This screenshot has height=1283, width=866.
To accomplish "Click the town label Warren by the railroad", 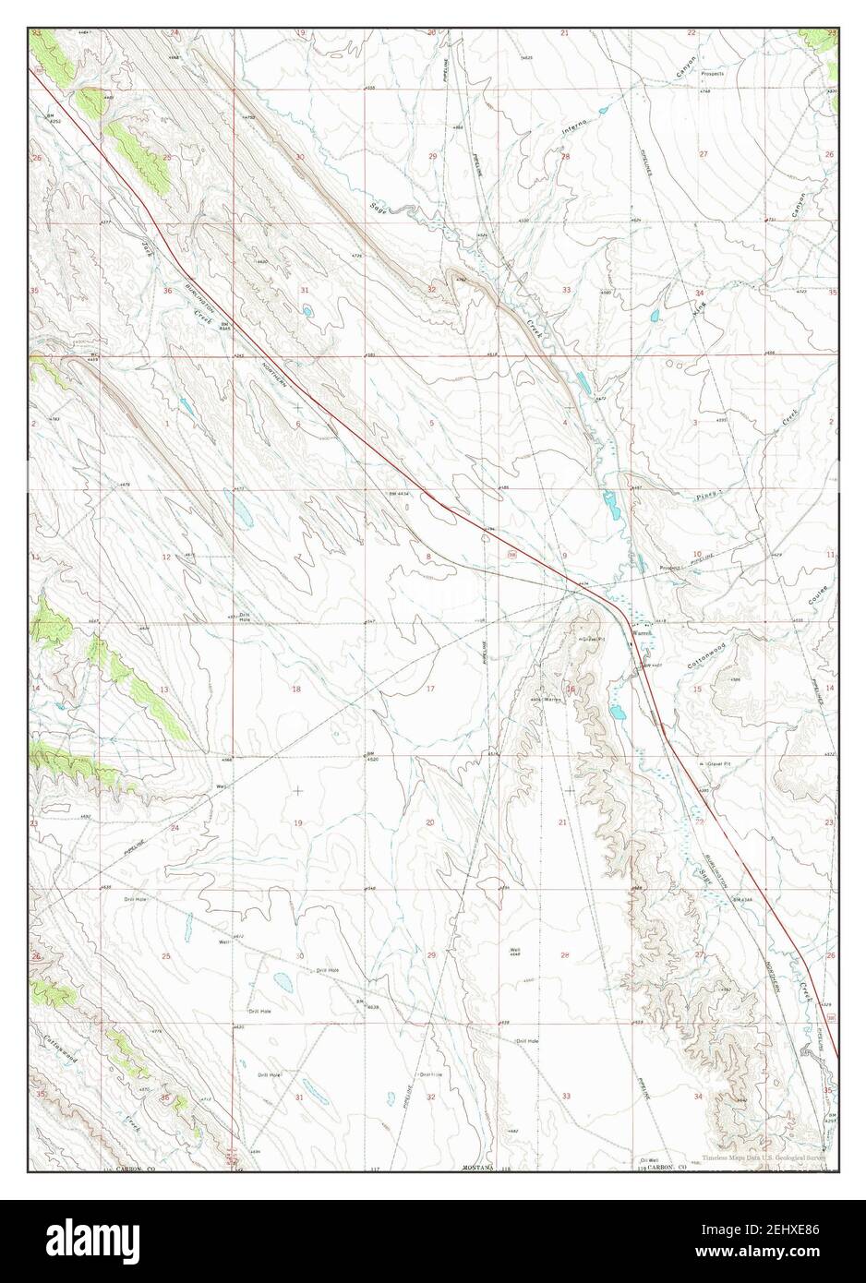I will [643, 633].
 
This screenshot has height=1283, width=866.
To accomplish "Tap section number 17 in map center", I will [430, 689].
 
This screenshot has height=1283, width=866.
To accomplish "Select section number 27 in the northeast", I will [704, 153].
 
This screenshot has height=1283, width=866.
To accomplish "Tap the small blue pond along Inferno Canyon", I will [604, 110].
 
